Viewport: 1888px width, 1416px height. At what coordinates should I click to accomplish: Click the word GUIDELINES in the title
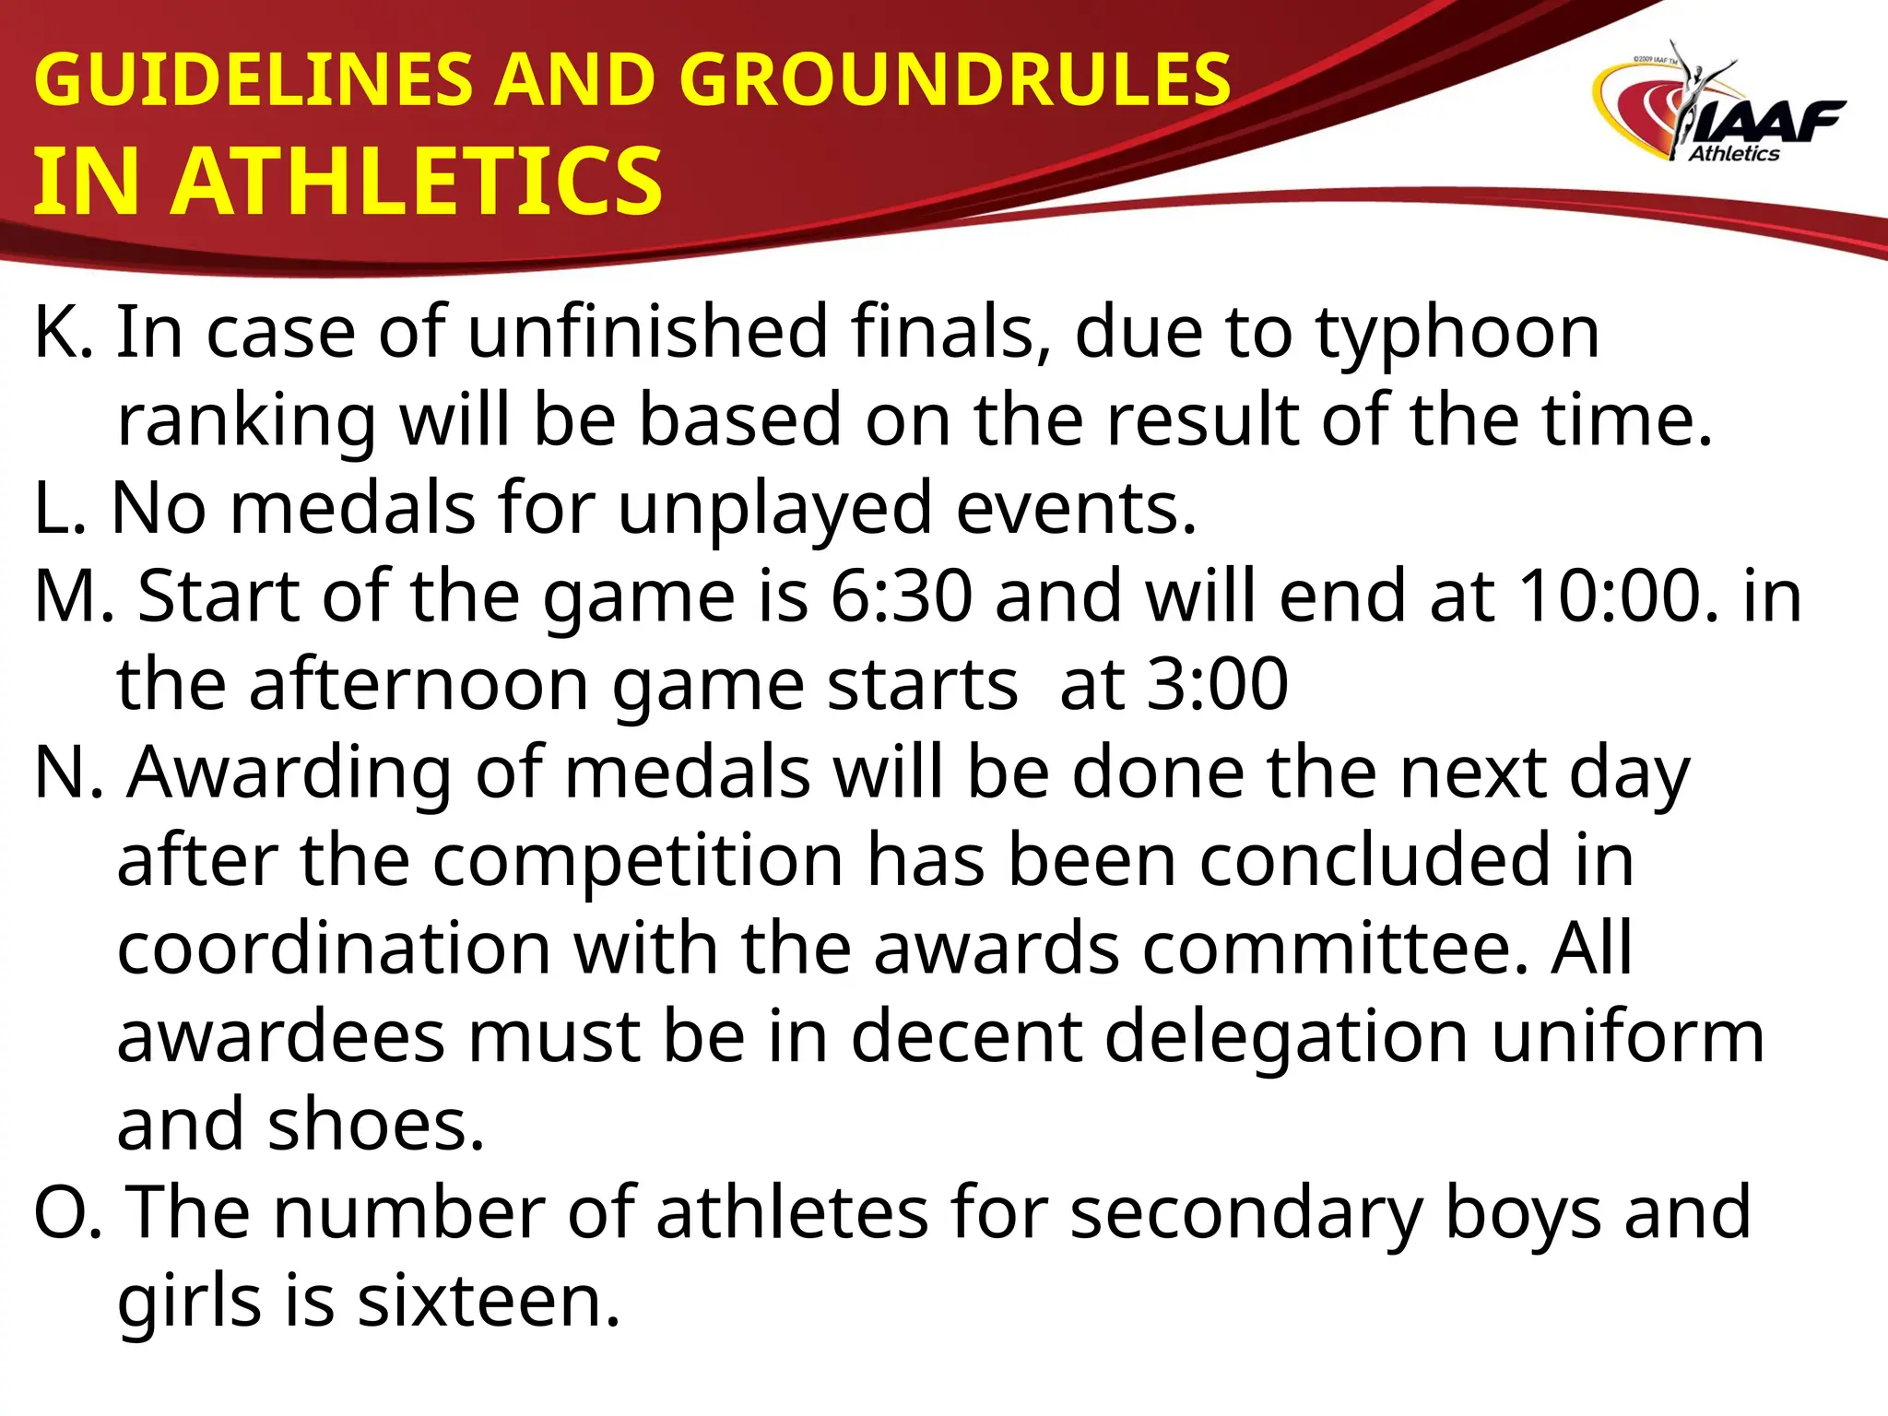pyautogui.click(x=252, y=79)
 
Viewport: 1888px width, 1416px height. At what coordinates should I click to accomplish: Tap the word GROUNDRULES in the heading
pyautogui.click(x=955, y=79)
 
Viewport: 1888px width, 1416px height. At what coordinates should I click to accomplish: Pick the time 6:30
pyautogui.click(x=901, y=596)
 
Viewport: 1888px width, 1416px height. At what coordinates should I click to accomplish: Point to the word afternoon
pyautogui.click(x=419, y=684)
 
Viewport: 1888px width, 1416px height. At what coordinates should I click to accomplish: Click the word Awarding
pyautogui.click(x=289, y=773)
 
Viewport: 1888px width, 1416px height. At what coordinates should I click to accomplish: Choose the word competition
pyautogui.click(x=637, y=861)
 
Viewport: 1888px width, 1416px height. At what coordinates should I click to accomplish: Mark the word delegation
pyautogui.click(x=1285, y=1037)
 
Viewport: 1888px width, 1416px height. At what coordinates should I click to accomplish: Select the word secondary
pyautogui.click(x=1246, y=1213)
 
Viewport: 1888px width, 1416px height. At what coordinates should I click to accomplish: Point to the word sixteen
pyautogui.click(x=489, y=1302)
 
